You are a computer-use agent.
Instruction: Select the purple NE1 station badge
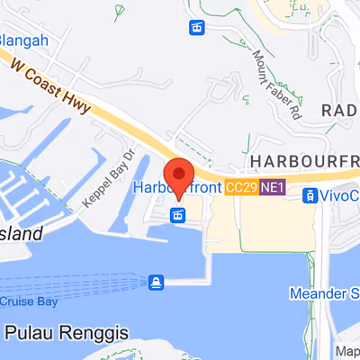[272, 188]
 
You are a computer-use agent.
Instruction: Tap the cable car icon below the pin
[179, 215]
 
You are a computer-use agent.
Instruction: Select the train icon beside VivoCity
[309, 195]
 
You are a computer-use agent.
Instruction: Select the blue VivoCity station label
[339, 195]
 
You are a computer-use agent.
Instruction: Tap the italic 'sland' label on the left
[20, 234]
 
